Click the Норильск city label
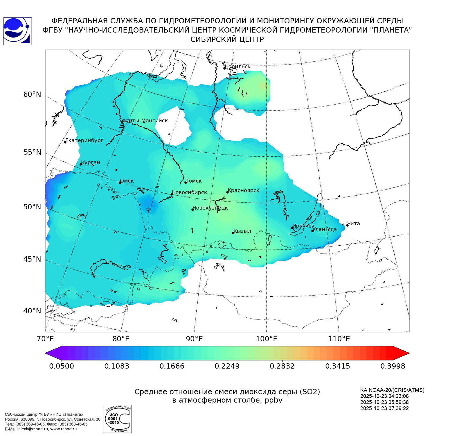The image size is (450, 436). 237,67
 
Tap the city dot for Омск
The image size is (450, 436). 120,183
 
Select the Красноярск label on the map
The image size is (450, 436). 243,190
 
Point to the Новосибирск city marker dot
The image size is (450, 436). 172,194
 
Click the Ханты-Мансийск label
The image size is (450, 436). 145,121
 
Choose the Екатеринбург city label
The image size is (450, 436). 84,140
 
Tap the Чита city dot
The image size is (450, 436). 347,225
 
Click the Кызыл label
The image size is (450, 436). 242,231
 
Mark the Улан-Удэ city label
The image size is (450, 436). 325,229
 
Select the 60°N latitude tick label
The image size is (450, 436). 32,94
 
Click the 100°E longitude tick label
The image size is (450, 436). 267,339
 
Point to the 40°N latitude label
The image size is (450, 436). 32,311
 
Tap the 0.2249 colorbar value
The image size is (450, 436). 227,366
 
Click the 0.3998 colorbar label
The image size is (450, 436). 393,366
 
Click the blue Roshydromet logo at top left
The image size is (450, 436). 17,31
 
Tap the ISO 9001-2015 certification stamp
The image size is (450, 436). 117,419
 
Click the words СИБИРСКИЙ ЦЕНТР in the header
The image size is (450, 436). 227,40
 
